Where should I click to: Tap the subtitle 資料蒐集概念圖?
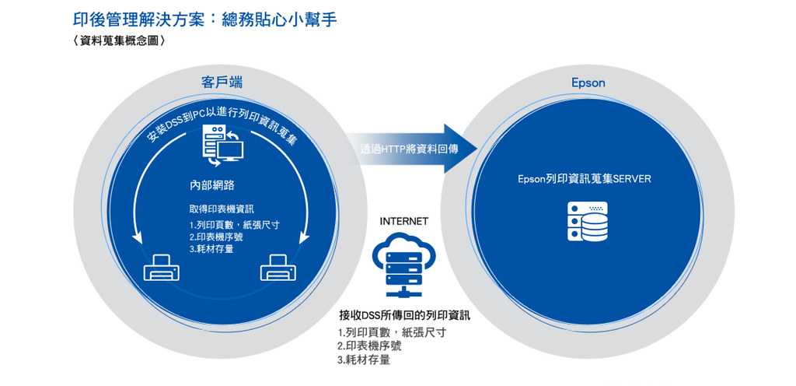[x=118, y=41]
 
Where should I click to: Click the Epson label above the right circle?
[x=588, y=82]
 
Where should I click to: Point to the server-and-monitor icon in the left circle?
[x=222, y=146]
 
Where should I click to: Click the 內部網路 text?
[x=211, y=185]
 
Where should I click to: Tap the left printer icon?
[x=162, y=268]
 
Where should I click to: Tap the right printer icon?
[x=278, y=268]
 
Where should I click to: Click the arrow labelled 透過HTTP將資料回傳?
[x=411, y=149]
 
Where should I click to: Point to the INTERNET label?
[x=403, y=222]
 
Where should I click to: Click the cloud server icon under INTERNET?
[x=403, y=265]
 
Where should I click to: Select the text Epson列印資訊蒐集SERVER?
[x=584, y=179]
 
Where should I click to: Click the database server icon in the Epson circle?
[x=588, y=222]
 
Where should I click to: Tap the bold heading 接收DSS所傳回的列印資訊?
[x=404, y=315]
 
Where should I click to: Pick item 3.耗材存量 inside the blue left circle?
[x=211, y=249]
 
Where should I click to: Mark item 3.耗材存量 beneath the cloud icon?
[x=364, y=360]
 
